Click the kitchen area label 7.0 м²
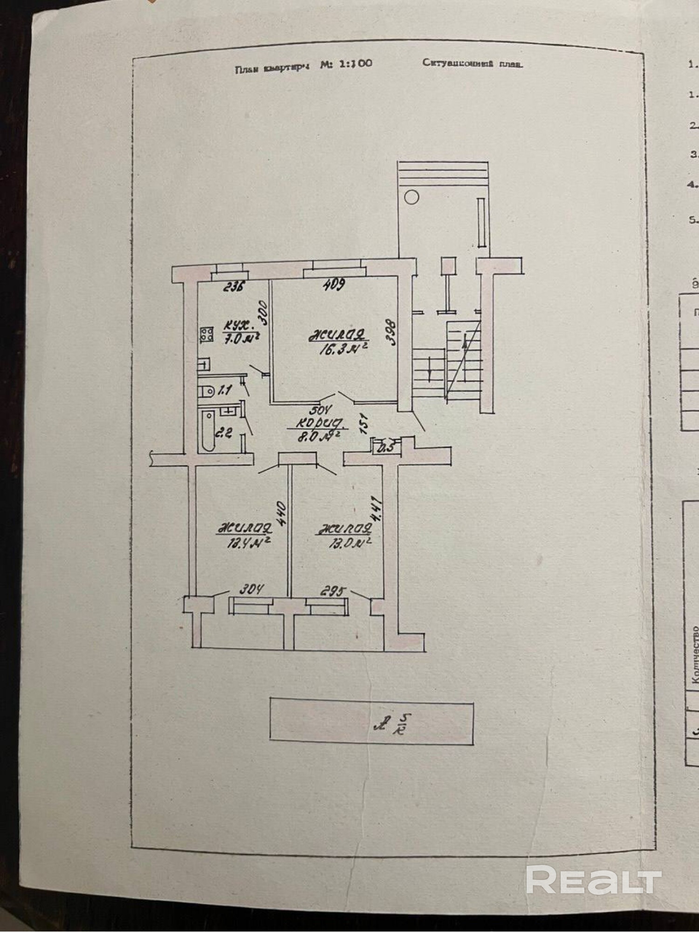click(241, 339)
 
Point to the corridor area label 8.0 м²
click(320, 436)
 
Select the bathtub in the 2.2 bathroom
click(208, 431)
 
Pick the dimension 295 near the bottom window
click(333, 592)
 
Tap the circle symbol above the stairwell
click(411, 197)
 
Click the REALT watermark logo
click(594, 879)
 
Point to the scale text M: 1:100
click(346, 64)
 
